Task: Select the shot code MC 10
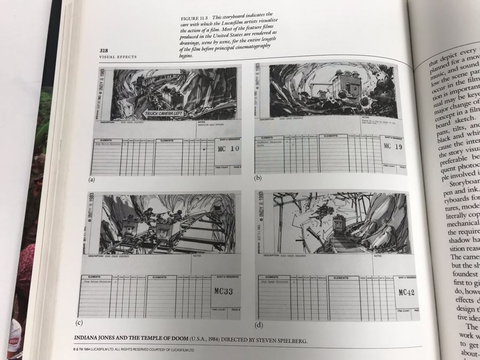[227, 149]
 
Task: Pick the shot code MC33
[224, 293]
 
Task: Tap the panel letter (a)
[92, 179]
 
